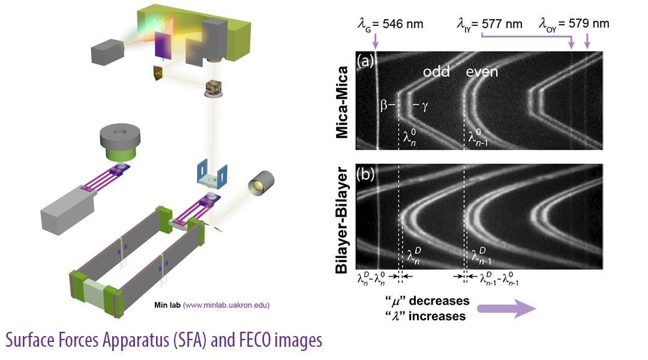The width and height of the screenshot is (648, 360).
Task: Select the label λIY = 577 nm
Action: point(488,24)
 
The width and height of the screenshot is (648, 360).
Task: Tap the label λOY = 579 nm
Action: point(574,24)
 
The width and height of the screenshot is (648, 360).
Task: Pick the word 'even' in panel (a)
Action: point(482,72)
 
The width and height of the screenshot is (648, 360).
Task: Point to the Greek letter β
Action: point(383,107)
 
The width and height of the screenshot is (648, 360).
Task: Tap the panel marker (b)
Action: point(368,175)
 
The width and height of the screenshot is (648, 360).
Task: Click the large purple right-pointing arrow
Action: point(505,308)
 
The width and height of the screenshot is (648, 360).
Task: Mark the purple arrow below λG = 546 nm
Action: point(375,41)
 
